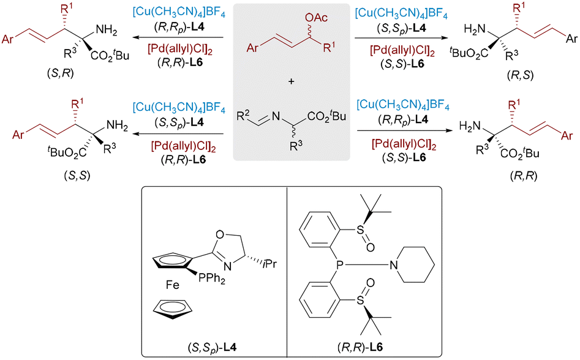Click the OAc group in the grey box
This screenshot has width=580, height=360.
click(316, 17)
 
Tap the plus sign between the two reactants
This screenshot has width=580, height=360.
click(291, 81)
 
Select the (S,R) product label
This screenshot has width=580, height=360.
click(60, 73)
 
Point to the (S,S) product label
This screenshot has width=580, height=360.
click(77, 175)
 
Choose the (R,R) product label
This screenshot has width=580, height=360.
click(524, 176)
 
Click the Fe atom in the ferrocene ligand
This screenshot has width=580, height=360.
click(172, 285)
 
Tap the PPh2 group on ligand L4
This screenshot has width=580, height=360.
click(211, 278)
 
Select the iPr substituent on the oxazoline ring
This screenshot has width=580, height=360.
click(269, 264)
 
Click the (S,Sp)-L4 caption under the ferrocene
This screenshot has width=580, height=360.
click(213, 347)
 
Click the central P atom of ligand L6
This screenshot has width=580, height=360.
click(337, 264)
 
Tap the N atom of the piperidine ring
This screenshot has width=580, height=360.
click(393, 264)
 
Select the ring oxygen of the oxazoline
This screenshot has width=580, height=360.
click(220, 234)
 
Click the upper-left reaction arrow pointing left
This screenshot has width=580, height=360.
click(179, 37)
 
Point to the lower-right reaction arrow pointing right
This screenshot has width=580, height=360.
click(405, 130)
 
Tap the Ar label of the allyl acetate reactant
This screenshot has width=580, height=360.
click(252, 48)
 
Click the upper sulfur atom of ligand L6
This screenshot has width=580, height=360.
click(360, 230)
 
